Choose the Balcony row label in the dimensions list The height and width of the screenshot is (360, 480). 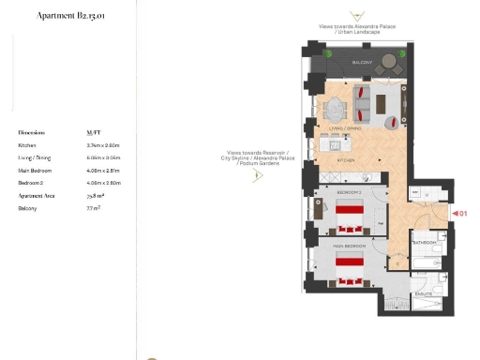[27, 208]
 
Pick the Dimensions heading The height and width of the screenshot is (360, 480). [32, 133]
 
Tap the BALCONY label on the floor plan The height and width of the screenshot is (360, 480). [363, 63]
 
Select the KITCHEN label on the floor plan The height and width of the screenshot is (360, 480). [346, 160]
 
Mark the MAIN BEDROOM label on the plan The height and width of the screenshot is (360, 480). [349, 246]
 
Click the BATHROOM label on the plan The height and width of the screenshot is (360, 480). [427, 243]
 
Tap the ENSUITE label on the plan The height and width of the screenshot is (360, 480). [425, 293]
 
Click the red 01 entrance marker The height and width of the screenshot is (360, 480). [461, 214]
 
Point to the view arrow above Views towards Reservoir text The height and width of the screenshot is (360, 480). [258, 175]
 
